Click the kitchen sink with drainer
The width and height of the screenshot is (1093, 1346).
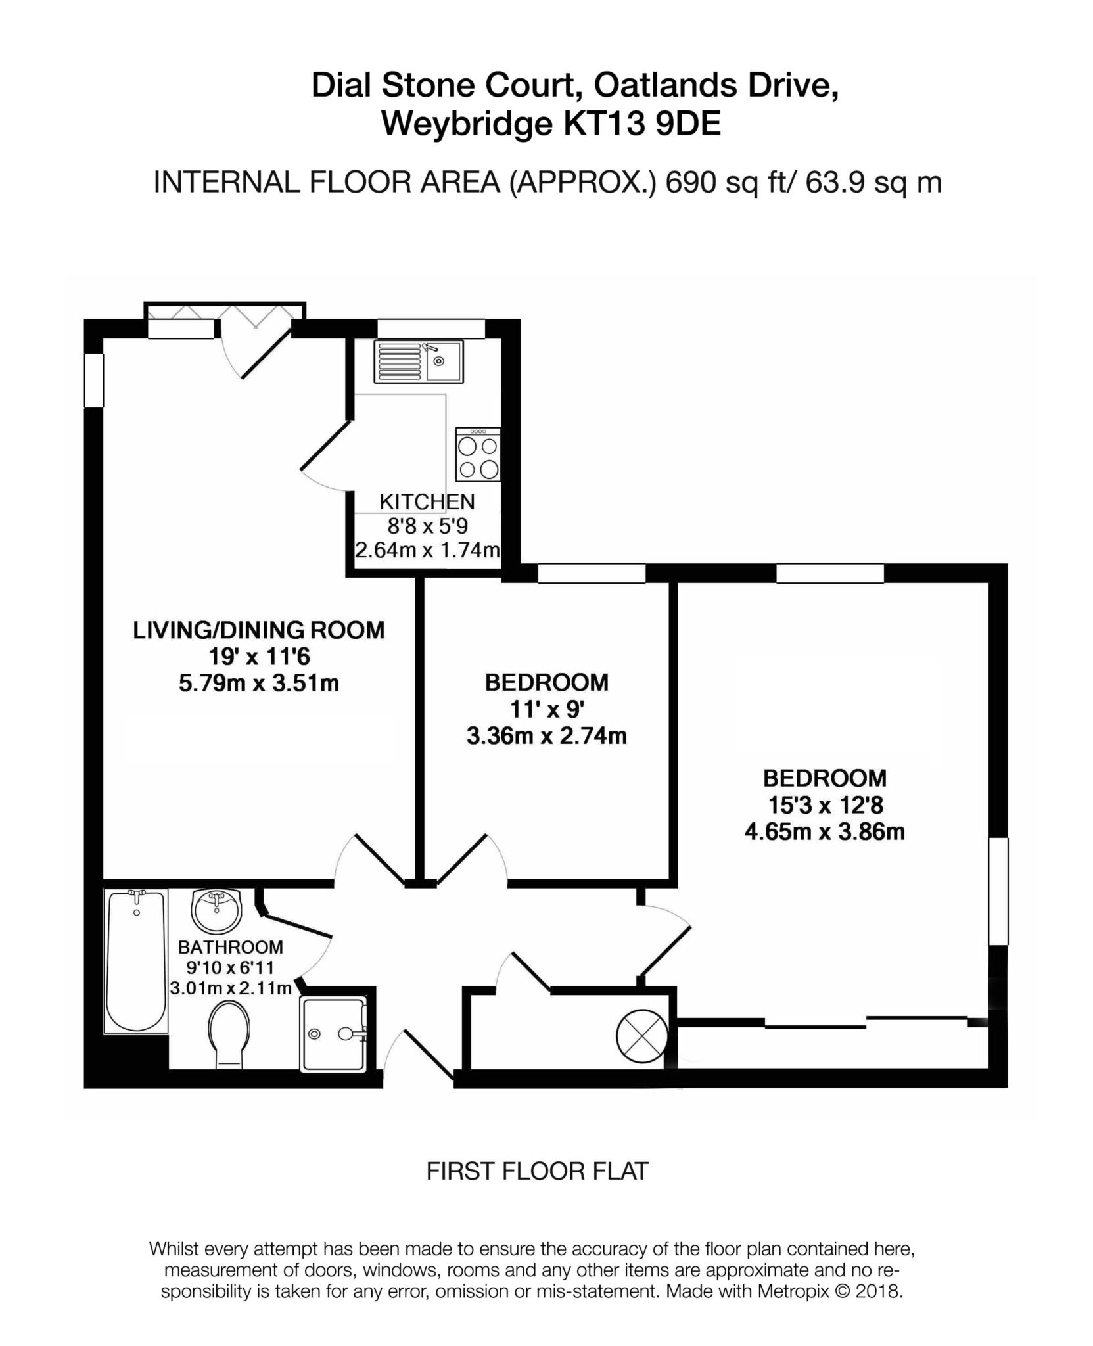point(419,361)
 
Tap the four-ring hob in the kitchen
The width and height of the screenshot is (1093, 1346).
point(478,453)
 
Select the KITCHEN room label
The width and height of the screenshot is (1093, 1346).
point(427,502)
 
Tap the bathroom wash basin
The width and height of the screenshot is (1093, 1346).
point(217,910)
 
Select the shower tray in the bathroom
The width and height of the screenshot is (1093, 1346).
point(333,1034)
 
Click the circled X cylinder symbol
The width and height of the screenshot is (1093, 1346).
point(642,1036)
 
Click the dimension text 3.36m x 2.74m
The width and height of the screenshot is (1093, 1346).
point(546,736)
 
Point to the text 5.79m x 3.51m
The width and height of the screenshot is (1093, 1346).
point(259,684)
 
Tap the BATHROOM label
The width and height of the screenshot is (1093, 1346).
point(231,947)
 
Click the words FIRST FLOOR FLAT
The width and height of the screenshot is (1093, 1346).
point(538,1171)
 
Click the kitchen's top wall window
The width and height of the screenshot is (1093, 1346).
point(431,328)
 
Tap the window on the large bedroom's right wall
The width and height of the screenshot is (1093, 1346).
point(998,891)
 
